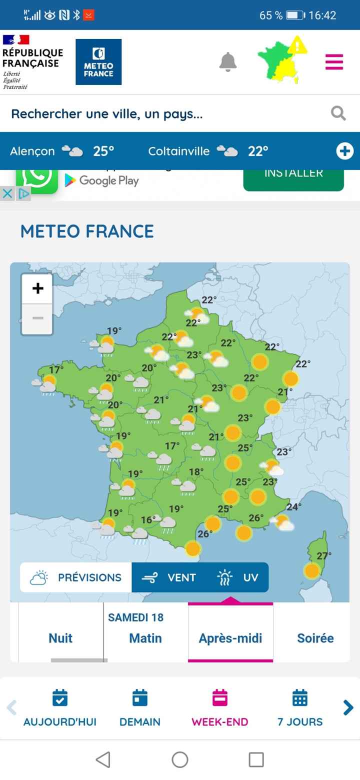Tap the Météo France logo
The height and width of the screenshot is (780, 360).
pyautogui.click(x=98, y=62)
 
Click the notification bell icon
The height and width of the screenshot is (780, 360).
pyautogui.click(x=228, y=62)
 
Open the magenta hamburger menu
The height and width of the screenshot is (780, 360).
pyautogui.click(x=334, y=62)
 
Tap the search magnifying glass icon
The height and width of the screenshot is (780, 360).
pyautogui.click(x=338, y=113)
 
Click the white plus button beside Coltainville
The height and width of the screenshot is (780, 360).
pyautogui.click(x=344, y=151)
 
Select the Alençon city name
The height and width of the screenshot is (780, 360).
pyautogui.click(x=32, y=151)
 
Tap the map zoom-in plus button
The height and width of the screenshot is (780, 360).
pyautogui.click(x=37, y=288)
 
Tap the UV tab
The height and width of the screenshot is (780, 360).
pyautogui.click(x=238, y=577)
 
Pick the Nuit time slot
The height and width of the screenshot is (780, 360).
pyautogui.click(x=60, y=638)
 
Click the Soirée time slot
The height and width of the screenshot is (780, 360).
pyautogui.click(x=315, y=638)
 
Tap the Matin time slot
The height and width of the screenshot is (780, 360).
pyautogui.click(x=145, y=638)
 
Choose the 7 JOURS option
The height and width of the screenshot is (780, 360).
pyautogui.click(x=300, y=708)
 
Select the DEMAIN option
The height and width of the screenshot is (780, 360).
pyautogui.click(x=140, y=708)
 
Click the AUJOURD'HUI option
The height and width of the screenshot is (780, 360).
pyautogui.click(x=60, y=708)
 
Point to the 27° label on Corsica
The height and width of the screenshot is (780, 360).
pyautogui.click(x=324, y=555)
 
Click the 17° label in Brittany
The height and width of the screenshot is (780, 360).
pyautogui.click(x=56, y=370)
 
